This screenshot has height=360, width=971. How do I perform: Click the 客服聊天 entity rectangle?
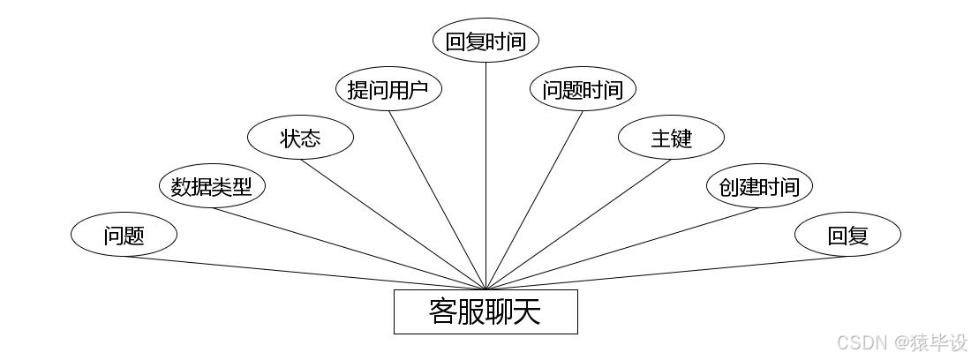(485, 311)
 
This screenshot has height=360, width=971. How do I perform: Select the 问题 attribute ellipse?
(124, 235)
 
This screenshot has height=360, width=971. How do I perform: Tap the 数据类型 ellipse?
(212, 186)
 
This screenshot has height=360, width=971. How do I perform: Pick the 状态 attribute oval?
(300, 138)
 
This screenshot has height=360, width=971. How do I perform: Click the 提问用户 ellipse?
(388, 89)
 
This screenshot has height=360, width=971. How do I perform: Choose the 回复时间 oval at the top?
(485, 41)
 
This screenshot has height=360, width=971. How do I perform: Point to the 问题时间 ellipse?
(583, 89)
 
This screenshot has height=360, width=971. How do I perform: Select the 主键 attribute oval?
(671, 138)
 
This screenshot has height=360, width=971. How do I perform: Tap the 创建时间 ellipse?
(759, 186)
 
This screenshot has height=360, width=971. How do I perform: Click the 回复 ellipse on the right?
(847, 235)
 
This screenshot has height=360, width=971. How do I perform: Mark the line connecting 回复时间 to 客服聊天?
(485, 176)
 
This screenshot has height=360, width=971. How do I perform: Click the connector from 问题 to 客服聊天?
(305, 273)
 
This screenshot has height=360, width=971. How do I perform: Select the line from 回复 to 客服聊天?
(666, 273)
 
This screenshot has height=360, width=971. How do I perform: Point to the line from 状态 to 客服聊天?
(393, 224)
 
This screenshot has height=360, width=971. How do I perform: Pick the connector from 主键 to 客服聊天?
(578, 224)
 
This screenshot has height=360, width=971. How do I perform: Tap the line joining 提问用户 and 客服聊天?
(437, 199)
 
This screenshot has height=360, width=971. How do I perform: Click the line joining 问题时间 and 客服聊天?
(534, 199)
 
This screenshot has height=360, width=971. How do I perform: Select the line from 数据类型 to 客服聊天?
(349, 248)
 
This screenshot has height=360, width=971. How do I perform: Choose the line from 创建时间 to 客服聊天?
(622, 248)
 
